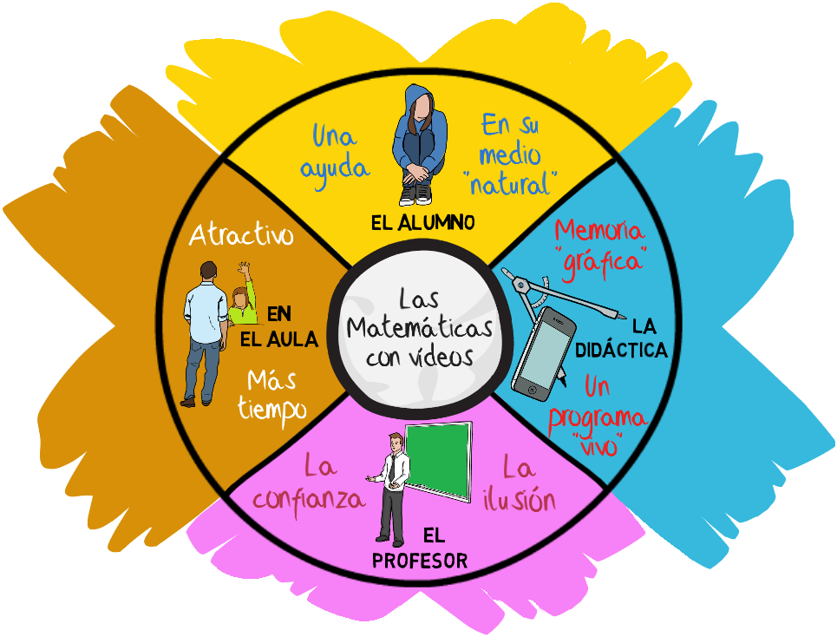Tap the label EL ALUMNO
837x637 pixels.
point(422,222)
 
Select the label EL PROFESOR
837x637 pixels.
point(420,561)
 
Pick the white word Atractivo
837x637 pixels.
point(242,235)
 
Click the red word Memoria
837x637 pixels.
point(599,231)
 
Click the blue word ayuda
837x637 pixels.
point(335,165)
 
